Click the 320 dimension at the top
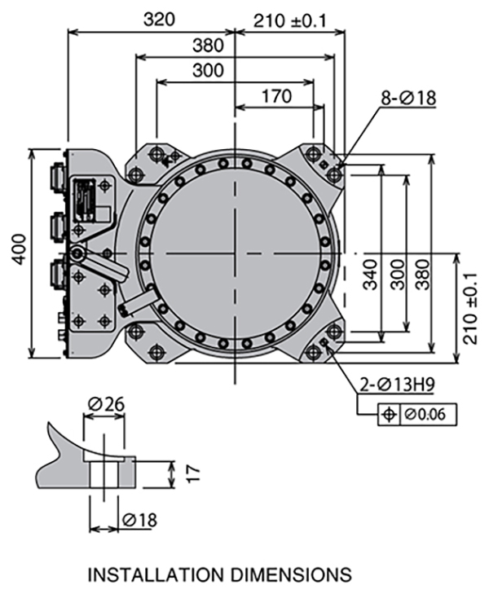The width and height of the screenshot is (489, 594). (x=160, y=19)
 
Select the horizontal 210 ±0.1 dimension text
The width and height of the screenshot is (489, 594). (x=289, y=19)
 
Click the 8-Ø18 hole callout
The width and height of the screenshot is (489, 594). (x=408, y=99)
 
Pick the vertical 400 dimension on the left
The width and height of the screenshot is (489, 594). (x=18, y=253)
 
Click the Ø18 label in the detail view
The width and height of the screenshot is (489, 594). (x=139, y=520)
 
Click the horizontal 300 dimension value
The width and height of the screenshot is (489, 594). (x=209, y=71)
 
